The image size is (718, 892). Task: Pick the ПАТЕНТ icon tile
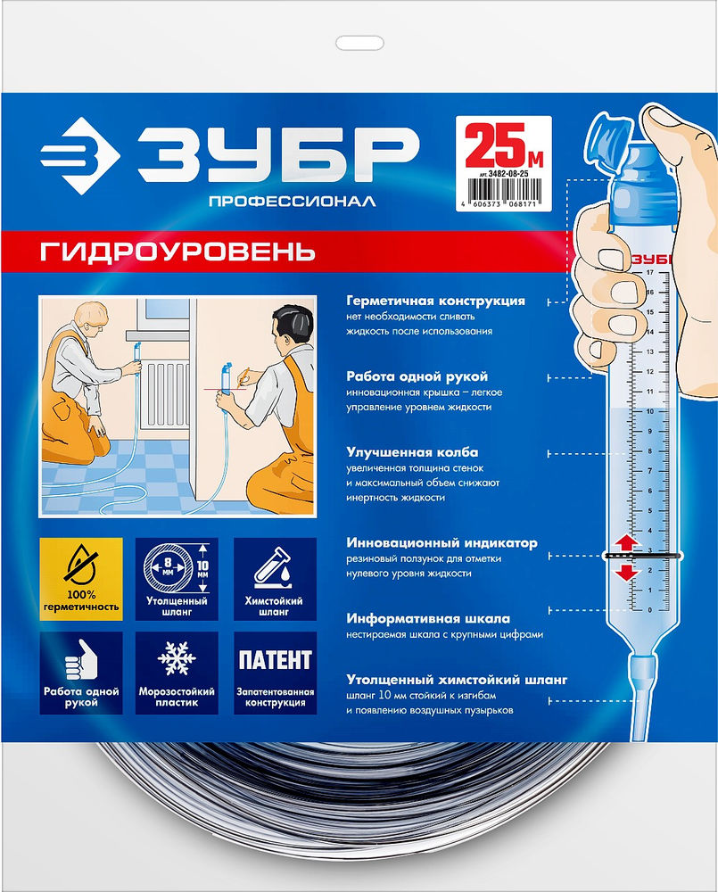point(273,661)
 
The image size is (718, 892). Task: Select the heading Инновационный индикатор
point(442,542)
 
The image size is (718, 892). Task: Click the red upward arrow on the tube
point(626,541)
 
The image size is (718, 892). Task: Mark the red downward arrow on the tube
point(626,571)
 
